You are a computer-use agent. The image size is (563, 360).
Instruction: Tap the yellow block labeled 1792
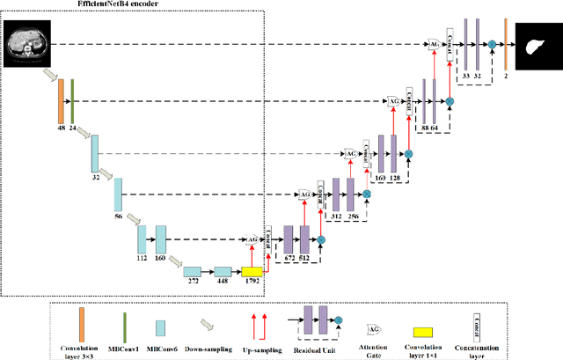(252, 273)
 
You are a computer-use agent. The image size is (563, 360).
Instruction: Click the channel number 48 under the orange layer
(61, 128)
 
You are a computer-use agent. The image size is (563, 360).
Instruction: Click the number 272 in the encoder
(192, 285)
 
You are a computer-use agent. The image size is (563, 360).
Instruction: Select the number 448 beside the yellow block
(222, 285)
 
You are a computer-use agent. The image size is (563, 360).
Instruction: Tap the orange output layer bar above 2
(506, 43)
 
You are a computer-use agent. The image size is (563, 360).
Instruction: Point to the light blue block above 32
(94, 153)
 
